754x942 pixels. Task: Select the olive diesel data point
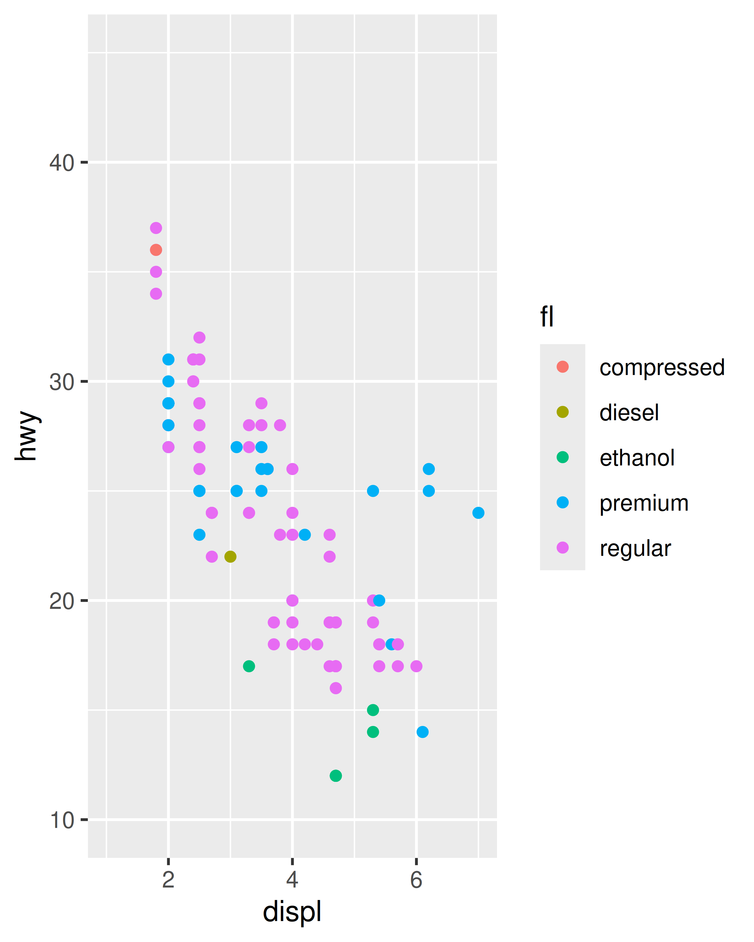(230, 557)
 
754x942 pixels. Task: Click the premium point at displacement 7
(478, 512)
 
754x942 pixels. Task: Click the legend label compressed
(662, 367)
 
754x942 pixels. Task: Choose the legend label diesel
(629, 413)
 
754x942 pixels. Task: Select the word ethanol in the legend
(637, 458)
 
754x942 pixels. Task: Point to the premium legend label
(644, 503)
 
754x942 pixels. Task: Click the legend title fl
(547, 317)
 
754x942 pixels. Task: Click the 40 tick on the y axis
(62, 163)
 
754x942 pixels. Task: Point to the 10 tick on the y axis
(62, 820)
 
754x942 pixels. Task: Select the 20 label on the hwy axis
(62, 601)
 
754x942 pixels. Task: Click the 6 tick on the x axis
(416, 880)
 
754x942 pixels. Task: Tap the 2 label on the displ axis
(168, 880)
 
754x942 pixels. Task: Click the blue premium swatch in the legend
(563, 502)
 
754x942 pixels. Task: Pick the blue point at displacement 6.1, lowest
(422, 732)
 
